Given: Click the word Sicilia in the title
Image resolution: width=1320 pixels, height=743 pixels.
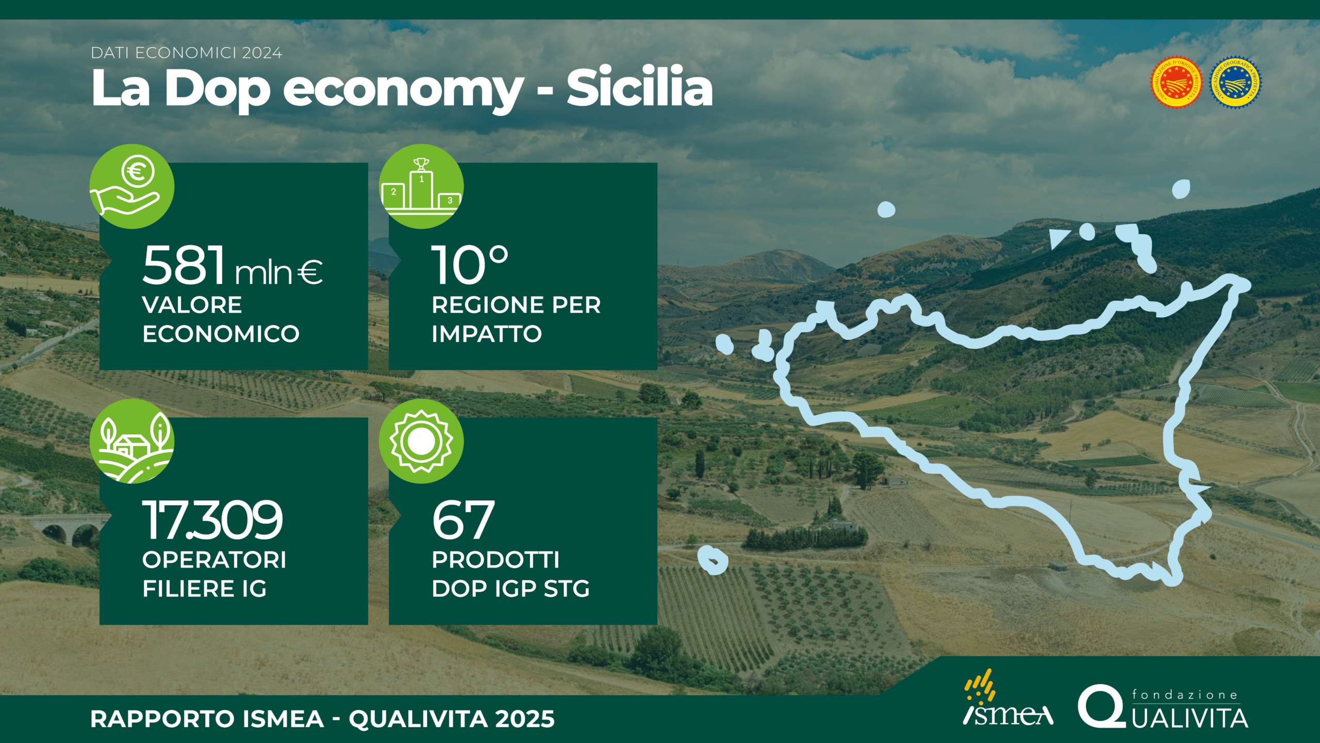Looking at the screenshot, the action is coord(639,88).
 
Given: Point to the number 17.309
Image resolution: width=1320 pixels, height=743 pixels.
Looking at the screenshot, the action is coord(212,520).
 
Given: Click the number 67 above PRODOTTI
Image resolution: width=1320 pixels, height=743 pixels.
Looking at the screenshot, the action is coord(463,520).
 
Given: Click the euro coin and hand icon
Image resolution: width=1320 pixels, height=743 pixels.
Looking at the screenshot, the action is coord(132,186).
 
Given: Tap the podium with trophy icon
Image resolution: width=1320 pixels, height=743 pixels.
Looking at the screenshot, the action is coord(421,186).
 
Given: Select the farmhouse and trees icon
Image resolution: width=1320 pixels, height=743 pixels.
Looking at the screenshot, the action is coord(132,441).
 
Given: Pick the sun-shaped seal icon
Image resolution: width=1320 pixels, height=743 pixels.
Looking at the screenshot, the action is coord(421,441).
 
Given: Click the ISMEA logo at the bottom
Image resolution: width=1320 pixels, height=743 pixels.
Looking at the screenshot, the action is coord(1007,698).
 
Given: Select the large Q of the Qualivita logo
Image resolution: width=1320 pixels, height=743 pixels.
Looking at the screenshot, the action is coord(1101,706).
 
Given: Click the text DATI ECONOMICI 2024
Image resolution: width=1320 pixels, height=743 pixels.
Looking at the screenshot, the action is coord(186,53).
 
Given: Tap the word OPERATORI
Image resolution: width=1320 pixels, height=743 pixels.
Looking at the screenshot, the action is coord(214,560).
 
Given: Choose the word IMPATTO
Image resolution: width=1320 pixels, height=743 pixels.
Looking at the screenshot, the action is coord(487,334).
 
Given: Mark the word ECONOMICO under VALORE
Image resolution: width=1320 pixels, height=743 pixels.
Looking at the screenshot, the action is coord(221,334).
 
